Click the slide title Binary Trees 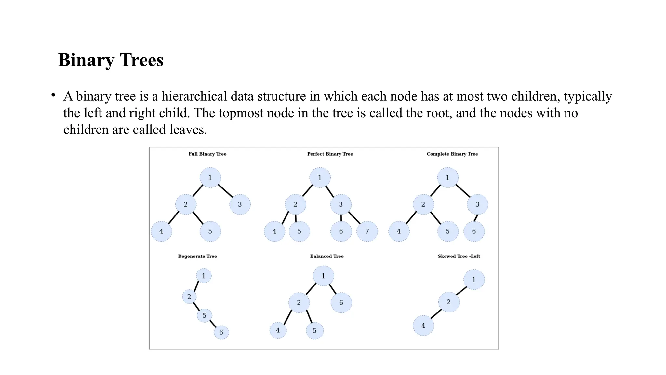[x=111, y=60]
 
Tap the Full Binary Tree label [x=207, y=154]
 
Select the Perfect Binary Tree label [x=330, y=154]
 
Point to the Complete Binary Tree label [x=452, y=154]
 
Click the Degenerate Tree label [x=197, y=256]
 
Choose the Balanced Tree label [x=326, y=256]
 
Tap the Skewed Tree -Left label [x=459, y=256]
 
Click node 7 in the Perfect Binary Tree [x=367, y=231]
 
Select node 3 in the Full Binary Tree [x=240, y=204]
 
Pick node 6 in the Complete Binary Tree [x=474, y=231]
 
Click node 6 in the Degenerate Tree [x=221, y=332]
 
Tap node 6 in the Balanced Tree [x=341, y=303]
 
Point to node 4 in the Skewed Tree [x=423, y=326]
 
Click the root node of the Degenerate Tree [x=204, y=276]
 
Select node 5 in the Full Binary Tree [x=210, y=231]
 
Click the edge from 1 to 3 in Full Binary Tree [x=225, y=191]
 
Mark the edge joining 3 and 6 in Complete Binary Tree [x=476, y=218]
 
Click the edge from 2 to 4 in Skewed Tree [x=436, y=314]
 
